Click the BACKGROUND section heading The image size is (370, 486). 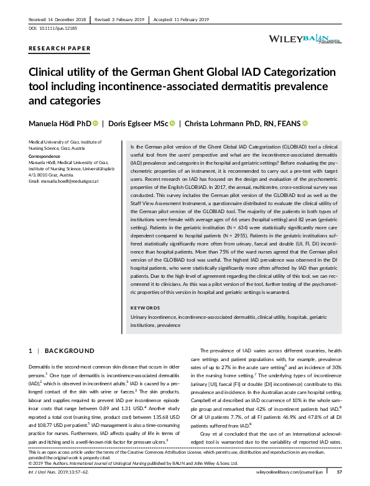tap(67, 351)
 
